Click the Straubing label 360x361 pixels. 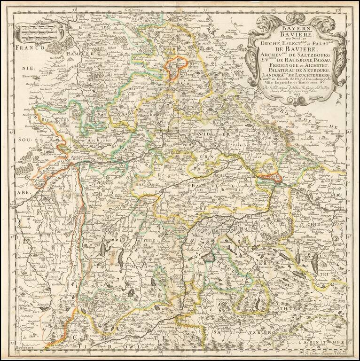point(235,152)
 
